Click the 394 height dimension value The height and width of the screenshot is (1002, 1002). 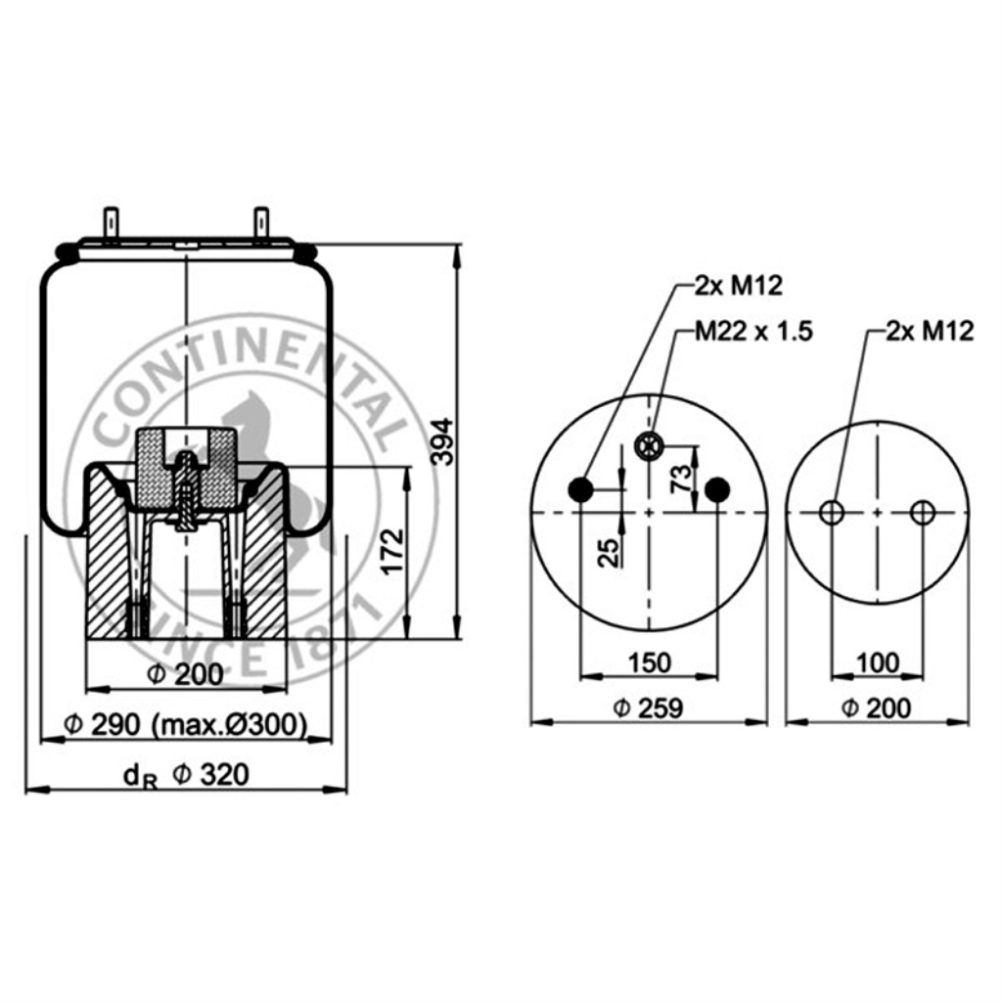pyautogui.click(x=443, y=441)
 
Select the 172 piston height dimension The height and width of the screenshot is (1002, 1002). pyautogui.click(x=393, y=551)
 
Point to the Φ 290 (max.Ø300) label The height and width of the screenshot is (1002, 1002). pyautogui.click(x=185, y=725)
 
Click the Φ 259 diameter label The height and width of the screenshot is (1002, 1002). pyautogui.click(x=648, y=708)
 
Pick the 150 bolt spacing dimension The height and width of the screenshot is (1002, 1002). pyautogui.click(x=650, y=662)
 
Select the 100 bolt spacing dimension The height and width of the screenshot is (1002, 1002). pyautogui.click(x=878, y=662)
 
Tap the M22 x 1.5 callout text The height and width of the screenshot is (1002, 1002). pyautogui.click(x=754, y=331)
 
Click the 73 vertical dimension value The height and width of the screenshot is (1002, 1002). pyautogui.click(x=682, y=478)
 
